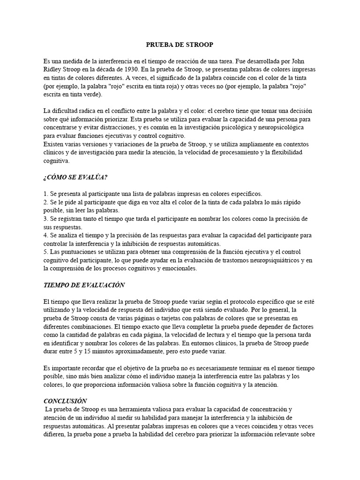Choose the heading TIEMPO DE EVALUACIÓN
coord(84,285)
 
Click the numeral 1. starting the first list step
coord(45,194)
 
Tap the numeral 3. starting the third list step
coord(45,219)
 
